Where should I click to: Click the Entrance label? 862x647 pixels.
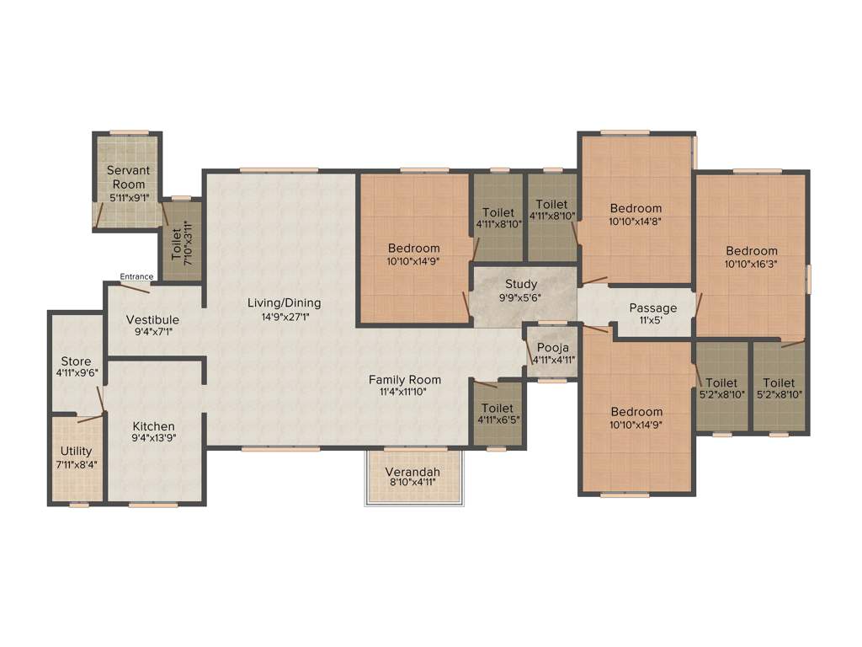[136, 276]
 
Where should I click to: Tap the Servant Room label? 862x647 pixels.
[127, 177]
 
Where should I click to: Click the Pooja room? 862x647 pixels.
[552, 353]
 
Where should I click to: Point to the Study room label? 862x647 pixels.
[521, 284]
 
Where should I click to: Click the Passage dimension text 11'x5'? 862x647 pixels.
[652, 321]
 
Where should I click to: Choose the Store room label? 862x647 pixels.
[76, 361]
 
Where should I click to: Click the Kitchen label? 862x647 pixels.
[153, 426]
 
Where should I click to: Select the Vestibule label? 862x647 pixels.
[152, 319]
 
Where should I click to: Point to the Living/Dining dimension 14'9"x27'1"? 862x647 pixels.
[284, 317]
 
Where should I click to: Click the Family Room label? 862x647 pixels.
[405, 379]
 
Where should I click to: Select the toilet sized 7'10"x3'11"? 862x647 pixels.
[182, 240]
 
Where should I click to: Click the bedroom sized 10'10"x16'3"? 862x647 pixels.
[752, 256]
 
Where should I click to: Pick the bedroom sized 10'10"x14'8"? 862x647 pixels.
[636, 214]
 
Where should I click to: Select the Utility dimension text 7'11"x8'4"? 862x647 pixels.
[77, 464]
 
